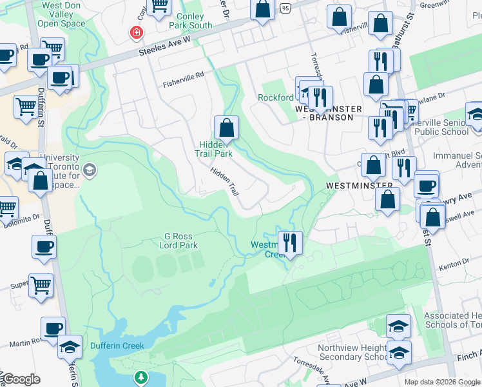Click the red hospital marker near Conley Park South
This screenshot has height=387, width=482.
tap(136, 32)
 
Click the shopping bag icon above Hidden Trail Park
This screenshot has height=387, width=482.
tap(226, 128)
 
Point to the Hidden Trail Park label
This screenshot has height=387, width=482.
tap(214, 150)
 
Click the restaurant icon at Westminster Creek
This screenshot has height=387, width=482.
tap(290, 243)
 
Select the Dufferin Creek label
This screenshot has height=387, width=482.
tap(114, 345)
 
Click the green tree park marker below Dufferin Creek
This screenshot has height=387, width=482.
tap(140, 377)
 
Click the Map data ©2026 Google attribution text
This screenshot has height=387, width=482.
tap(442, 382)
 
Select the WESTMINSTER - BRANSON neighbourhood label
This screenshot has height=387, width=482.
tap(323, 114)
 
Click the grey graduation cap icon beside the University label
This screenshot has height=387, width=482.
tap(89, 170)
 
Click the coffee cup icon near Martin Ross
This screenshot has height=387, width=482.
tap(53, 327)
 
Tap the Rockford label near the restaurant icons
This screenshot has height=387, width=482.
tap(276, 98)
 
